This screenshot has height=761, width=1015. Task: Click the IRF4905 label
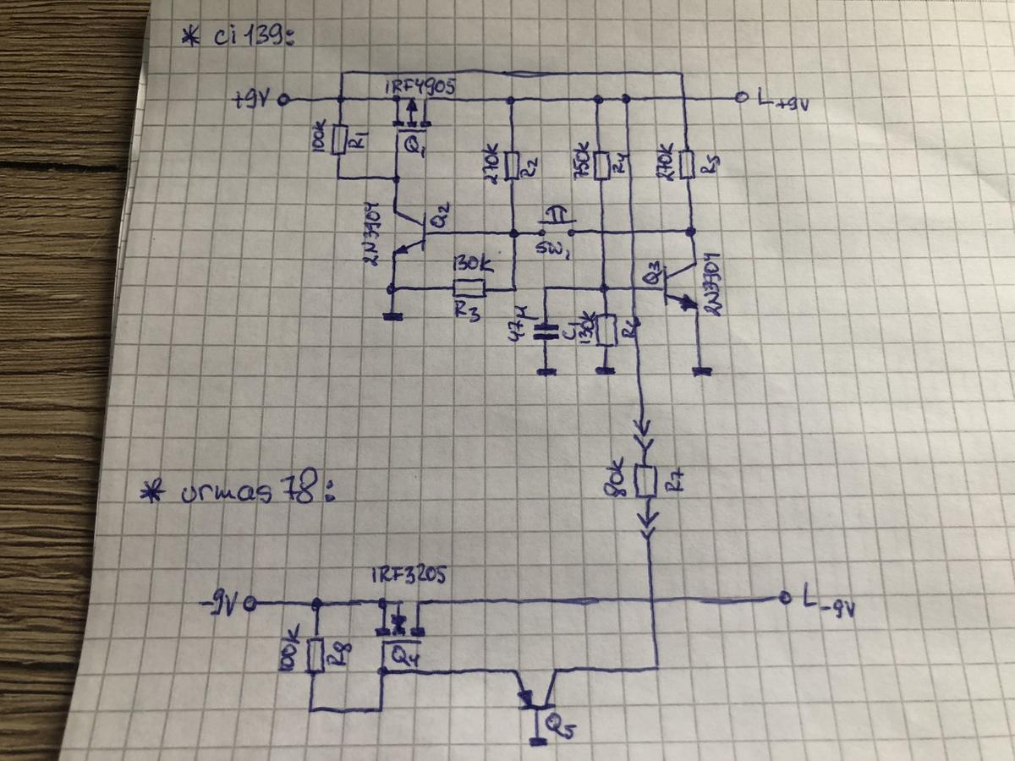412,86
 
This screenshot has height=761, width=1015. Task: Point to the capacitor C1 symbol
546,330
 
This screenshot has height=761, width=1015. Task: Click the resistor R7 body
647,481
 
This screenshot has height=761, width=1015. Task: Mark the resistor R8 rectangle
315,654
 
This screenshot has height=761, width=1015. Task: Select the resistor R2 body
511,162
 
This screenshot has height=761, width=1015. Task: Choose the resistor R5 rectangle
688,162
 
